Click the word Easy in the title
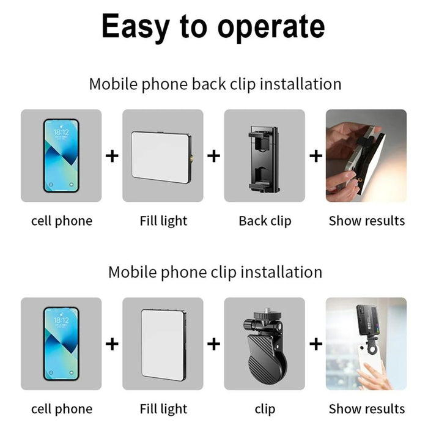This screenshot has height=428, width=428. (x=136, y=26)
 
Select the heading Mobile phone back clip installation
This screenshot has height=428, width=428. (x=215, y=84)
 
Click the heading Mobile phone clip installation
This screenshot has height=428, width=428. (x=215, y=271)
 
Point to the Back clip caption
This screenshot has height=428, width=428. (x=265, y=221)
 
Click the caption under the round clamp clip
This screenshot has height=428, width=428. (x=265, y=408)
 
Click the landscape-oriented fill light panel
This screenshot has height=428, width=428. (x=161, y=156)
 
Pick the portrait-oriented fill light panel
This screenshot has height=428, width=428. (x=163, y=344)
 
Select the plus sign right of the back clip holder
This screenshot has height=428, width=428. (x=315, y=156)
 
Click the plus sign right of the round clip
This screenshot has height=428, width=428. (x=315, y=344)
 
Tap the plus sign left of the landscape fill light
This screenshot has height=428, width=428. (x=112, y=156)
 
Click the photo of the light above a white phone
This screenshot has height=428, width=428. (x=366, y=344)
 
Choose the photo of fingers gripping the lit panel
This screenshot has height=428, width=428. (x=366, y=156)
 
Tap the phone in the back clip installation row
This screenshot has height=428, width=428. (x=61, y=156)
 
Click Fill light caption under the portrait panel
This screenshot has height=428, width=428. (x=163, y=408)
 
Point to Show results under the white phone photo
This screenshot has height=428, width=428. (x=366, y=408)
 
